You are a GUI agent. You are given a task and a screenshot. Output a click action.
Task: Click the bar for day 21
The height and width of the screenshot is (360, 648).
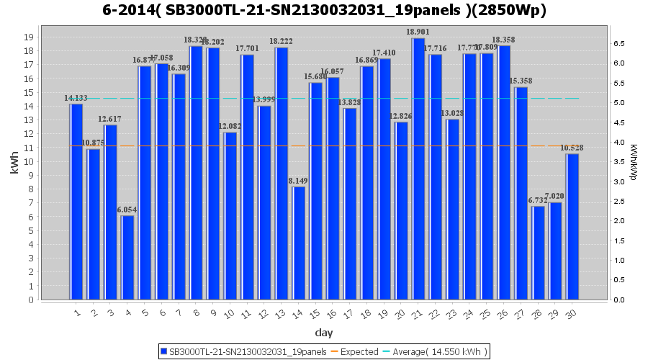(418, 169)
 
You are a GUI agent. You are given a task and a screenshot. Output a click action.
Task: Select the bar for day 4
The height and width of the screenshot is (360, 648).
(127, 257)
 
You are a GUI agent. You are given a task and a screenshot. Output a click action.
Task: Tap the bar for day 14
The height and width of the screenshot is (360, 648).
(299, 243)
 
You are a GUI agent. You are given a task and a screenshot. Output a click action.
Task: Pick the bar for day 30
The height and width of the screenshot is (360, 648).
(572, 226)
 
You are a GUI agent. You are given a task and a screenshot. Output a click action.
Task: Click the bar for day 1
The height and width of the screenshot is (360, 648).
(76, 202)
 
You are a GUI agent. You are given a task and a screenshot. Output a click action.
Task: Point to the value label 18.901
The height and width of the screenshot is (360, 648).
(418, 32)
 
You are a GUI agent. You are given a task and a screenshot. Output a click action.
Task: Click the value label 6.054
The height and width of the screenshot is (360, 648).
(127, 210)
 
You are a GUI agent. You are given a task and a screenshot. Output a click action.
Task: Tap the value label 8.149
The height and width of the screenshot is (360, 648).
(299, 181)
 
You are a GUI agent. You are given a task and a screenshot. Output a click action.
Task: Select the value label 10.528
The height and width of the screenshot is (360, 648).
(572, 148)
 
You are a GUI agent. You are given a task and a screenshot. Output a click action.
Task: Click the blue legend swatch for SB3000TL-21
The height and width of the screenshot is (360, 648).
(163, 351)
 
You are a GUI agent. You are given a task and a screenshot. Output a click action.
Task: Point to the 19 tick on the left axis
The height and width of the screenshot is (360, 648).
(29, 37)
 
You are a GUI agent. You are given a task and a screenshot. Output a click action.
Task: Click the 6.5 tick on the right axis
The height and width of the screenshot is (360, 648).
(618, 43)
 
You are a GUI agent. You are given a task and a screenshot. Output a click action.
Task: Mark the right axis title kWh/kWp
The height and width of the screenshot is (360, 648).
(633, 162)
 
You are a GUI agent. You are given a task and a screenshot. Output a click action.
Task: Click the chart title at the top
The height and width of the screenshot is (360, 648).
(324, 11)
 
